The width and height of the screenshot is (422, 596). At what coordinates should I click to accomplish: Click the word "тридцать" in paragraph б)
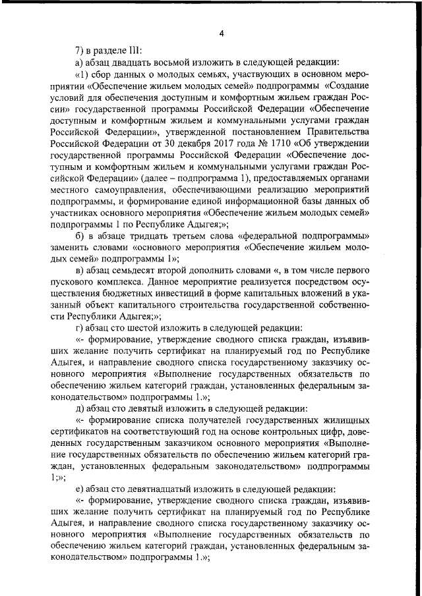(154, 238)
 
